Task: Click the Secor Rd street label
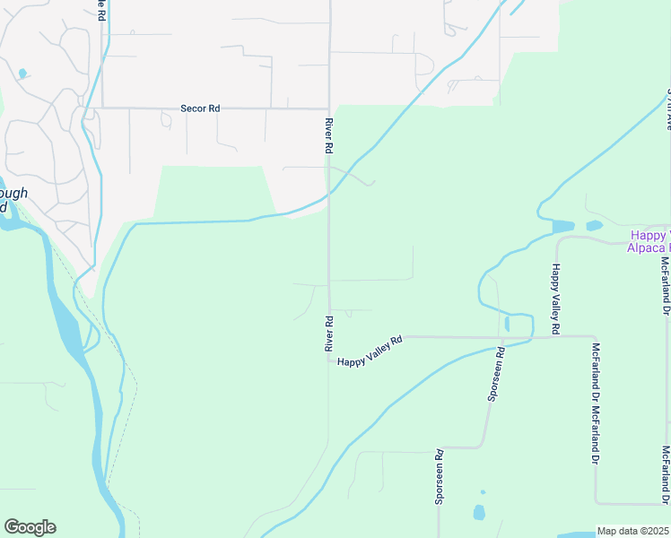(199, 108)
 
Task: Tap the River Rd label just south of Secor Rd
(329, 134)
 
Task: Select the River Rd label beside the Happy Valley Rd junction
(329, 333)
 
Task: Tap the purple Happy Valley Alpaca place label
(648, 240)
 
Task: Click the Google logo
(30, 527)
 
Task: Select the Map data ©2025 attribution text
(632, 531)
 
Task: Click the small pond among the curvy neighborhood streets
(22, 74)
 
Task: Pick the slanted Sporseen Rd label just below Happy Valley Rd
(496, 375)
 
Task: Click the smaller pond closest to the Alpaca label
(594, 226)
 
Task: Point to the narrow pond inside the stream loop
(508, 323)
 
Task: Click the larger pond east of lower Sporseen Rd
(478, 513)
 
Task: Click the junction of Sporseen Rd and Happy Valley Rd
(500, 337)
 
